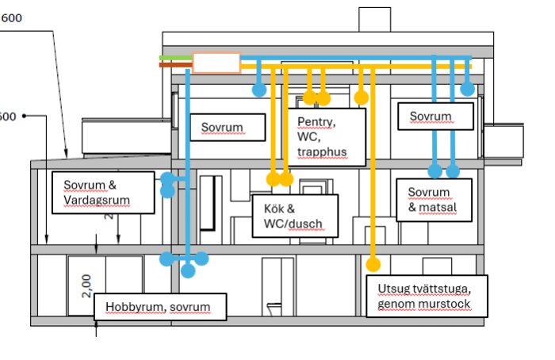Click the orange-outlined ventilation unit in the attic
216,63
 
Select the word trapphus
322,151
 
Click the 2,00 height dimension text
86,283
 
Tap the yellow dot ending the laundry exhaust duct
373,264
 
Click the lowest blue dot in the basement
188,271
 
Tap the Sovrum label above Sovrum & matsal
431,117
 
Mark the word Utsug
394,288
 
